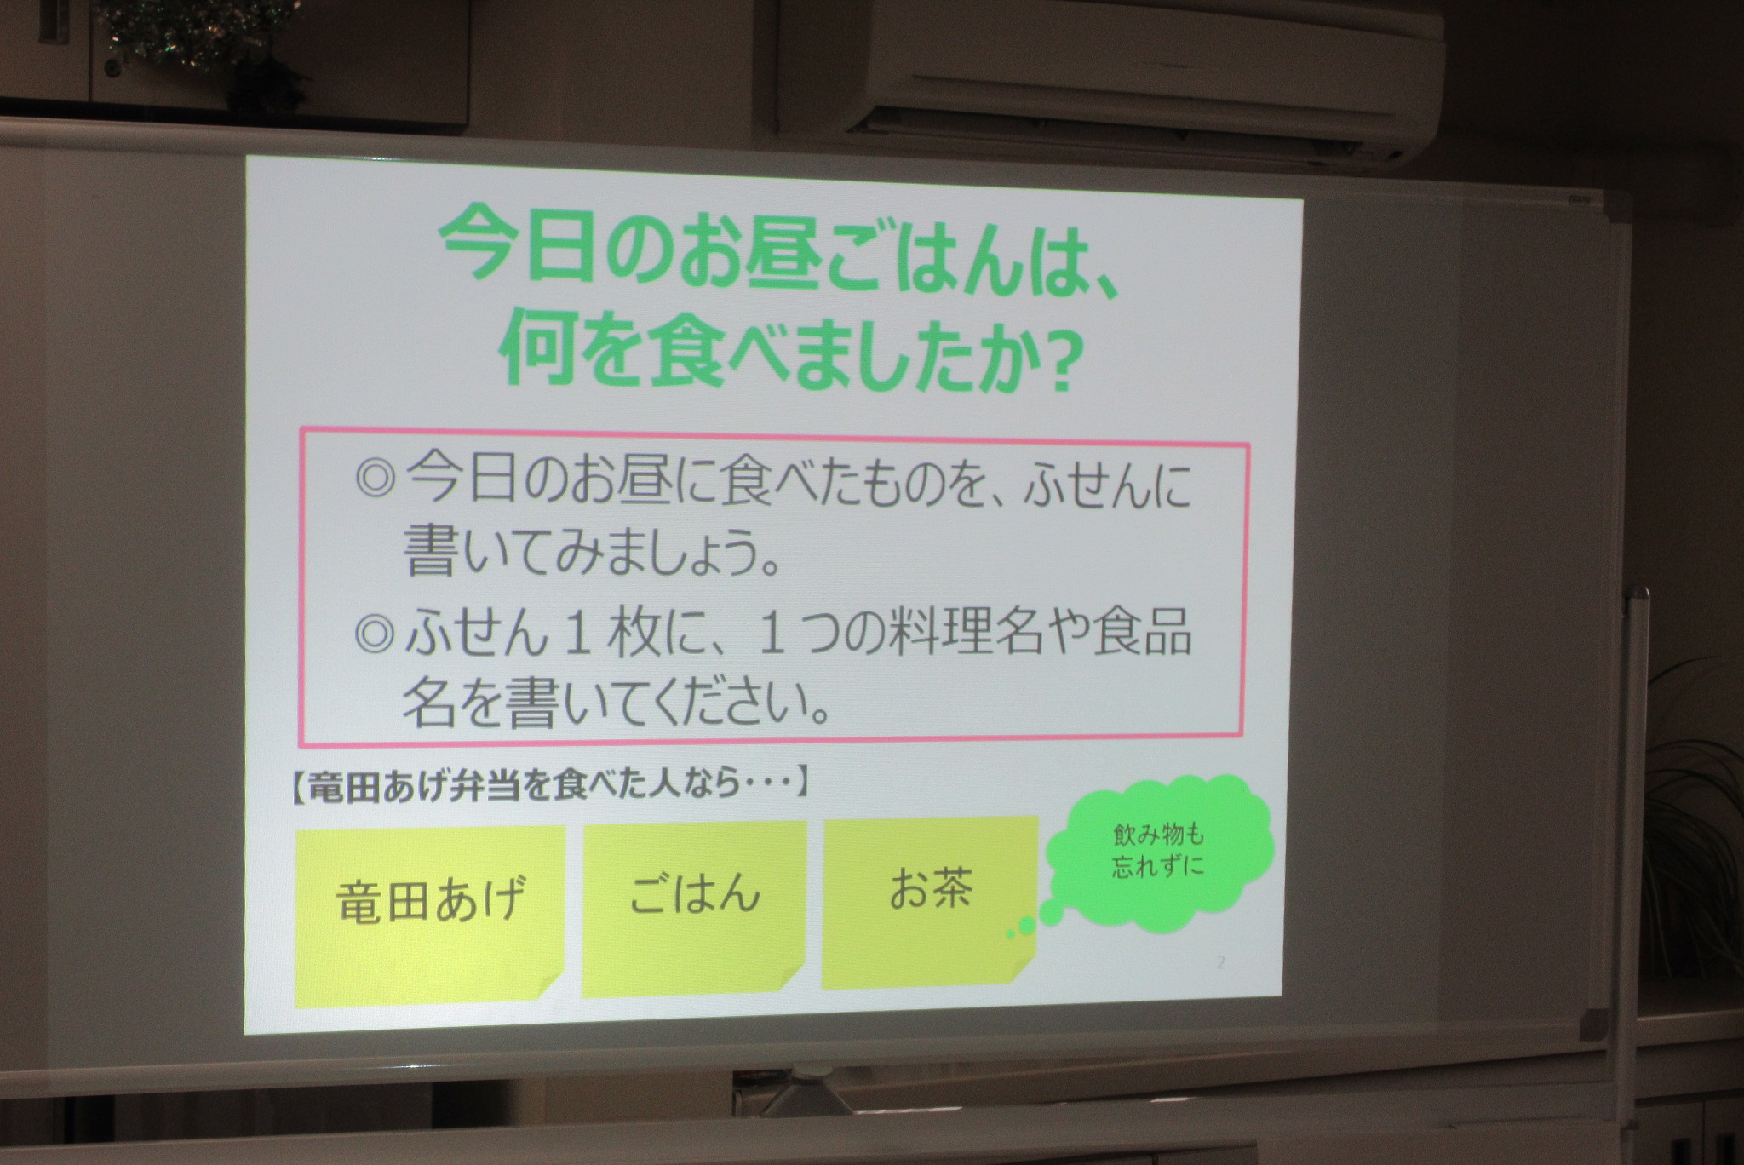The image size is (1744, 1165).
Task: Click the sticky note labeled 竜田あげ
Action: [430, 915]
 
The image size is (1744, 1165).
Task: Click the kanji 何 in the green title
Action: [539, 352]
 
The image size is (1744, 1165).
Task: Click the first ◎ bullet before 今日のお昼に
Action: [375, 482]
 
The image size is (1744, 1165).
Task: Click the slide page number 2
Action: [1220, 963]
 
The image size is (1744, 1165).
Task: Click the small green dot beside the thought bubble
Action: [1027, 925]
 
